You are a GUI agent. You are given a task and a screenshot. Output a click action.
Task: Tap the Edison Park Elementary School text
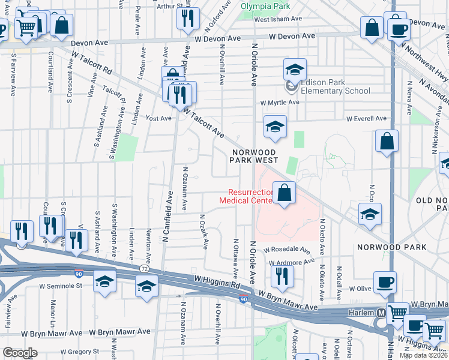(335, 86)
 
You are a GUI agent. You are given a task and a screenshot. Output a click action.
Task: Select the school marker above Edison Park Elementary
(295, 71)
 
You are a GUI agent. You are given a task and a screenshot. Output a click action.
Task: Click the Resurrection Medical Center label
(250, 196)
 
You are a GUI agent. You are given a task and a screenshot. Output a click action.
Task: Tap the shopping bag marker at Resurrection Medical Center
(285, 194)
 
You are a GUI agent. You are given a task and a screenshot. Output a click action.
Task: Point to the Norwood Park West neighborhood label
(255, 156)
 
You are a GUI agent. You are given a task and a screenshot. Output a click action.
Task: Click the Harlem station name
(361, 313)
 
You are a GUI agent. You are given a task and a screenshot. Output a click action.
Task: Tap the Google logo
(20, 352)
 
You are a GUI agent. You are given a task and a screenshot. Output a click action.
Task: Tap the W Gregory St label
(73, 351)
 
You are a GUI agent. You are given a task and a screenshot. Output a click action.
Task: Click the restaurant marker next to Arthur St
(188, 19)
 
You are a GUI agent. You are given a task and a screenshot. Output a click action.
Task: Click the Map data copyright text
(423, 355)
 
